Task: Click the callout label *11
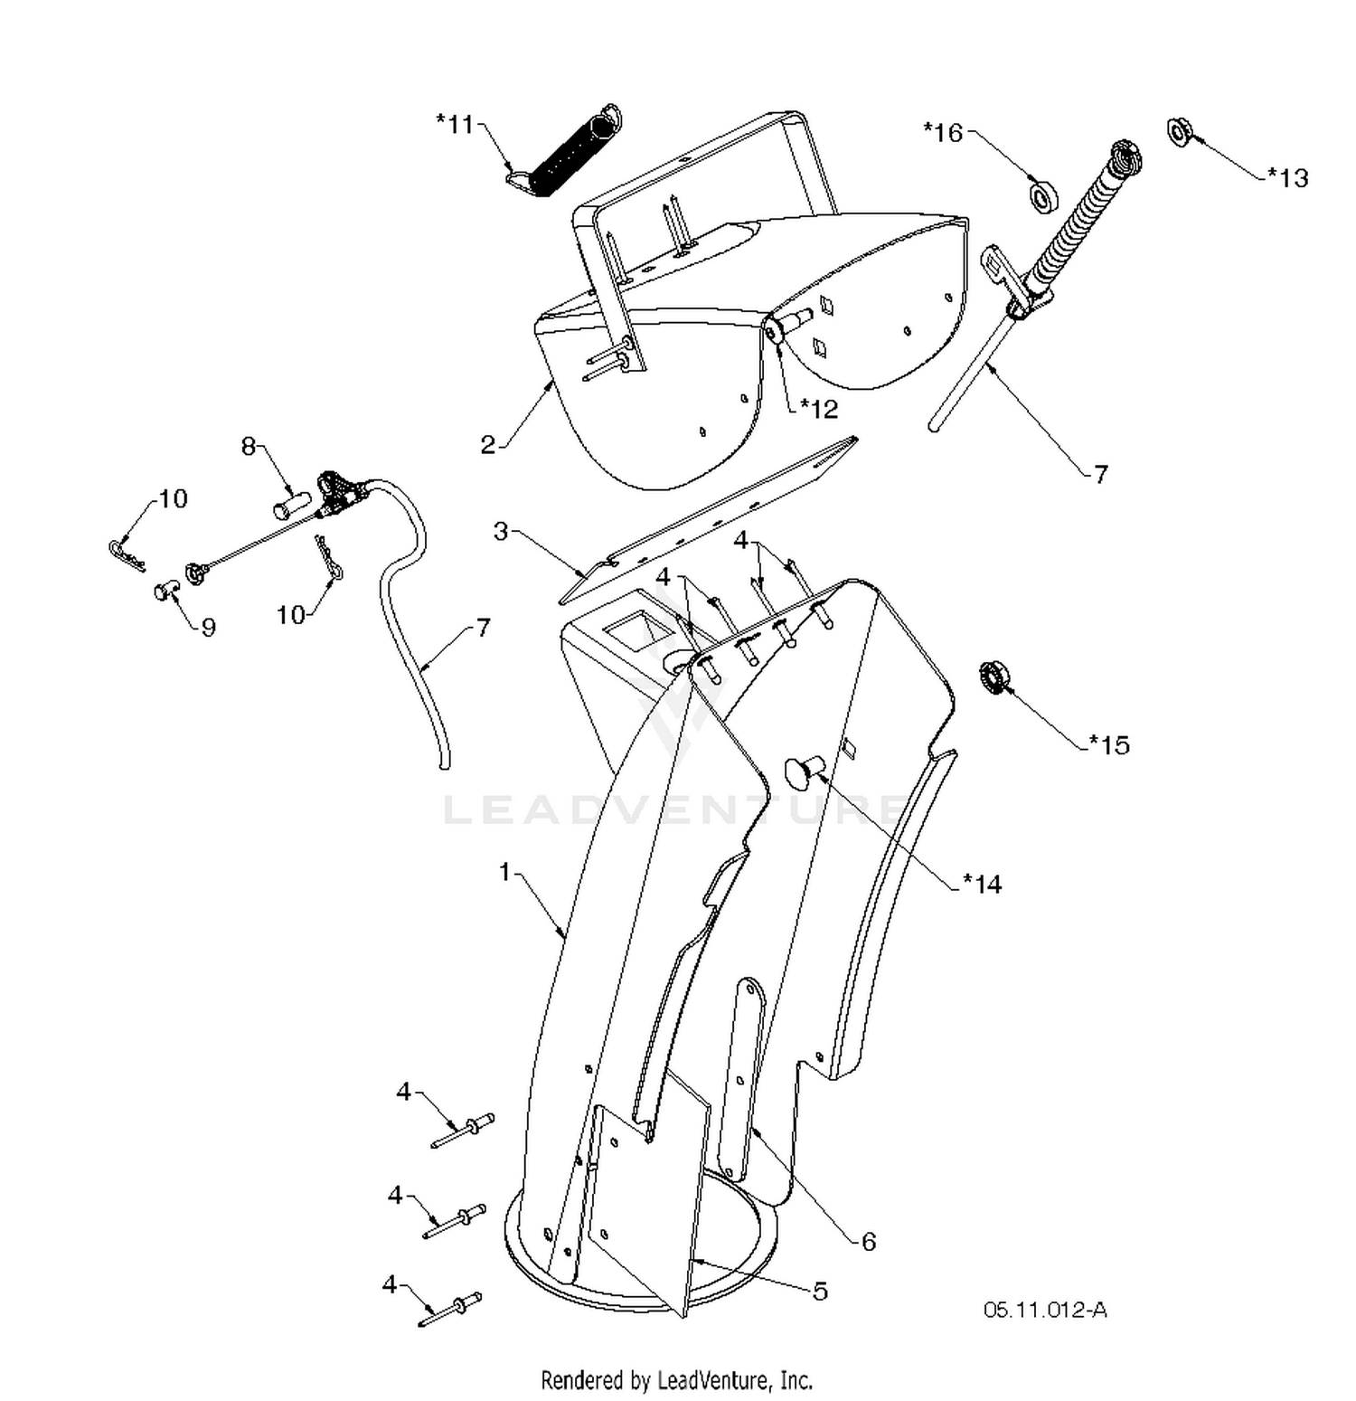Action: coord(455,124)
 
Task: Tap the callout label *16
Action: coord(943,133)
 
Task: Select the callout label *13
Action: coord(1287,177)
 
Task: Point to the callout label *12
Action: coord(819,409)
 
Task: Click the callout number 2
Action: coord(488,444)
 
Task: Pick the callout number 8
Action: coord(248,446)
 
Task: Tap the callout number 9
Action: coord(209,627)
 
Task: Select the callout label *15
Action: coord(1109,744)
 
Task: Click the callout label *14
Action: coord(982,884)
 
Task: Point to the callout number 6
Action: coord(869,1242)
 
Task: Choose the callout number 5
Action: coord(820,1291)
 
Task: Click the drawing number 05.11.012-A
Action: coord(1045,1310)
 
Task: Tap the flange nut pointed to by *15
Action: coord(994,678)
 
